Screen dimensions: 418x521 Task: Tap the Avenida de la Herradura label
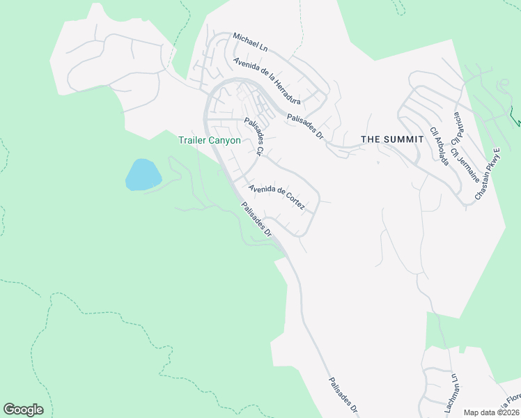267,80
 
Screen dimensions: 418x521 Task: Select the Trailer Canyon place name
210,140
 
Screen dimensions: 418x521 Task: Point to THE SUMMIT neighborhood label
393,139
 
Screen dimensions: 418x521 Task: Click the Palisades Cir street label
253,136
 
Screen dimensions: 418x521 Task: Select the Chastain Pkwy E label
488,174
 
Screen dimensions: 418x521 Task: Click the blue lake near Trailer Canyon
143,174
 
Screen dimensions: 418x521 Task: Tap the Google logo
23,410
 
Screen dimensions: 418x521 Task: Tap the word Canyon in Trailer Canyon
225,140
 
